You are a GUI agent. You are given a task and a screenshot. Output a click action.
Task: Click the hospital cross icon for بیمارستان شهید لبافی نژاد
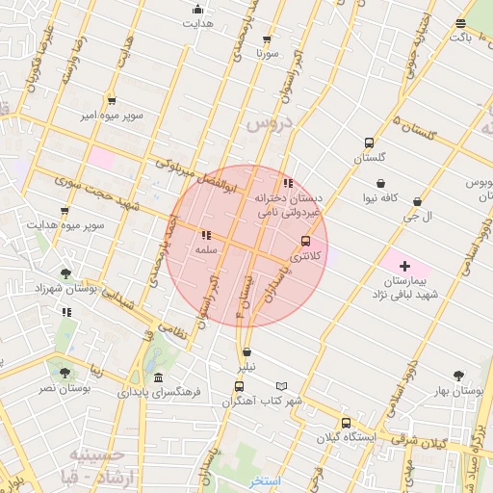(404, 266)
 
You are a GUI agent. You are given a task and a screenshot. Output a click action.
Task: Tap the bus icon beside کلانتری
(306, 241)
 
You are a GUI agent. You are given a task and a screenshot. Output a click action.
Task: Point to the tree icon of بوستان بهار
(457, 376)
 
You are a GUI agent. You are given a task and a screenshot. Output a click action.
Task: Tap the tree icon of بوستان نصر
(65, 373)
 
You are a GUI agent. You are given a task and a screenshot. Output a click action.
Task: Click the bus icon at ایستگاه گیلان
(346, 423)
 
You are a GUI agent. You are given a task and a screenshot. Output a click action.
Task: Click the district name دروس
(267, 124)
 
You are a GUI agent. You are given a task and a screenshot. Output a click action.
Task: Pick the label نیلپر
(247, 367)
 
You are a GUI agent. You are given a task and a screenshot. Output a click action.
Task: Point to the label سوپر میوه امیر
(113, 116)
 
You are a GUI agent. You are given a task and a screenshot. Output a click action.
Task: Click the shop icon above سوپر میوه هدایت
(65, 211)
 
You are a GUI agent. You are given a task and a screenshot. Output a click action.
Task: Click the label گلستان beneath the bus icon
(369, 156)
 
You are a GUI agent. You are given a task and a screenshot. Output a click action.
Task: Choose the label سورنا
(267, 53)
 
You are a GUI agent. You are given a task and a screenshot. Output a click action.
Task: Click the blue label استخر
(265, 480)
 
